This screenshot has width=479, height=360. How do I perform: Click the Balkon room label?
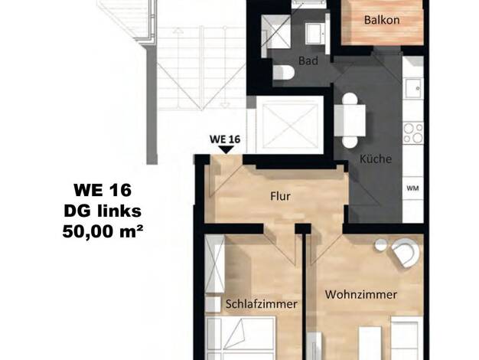click(382, 20)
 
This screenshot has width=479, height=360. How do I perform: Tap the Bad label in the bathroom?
click(308, 61)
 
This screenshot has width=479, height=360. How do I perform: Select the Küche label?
click(376, 159)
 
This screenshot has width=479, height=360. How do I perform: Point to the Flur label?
click(280, 196)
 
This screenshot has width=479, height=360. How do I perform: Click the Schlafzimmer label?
click(261, 304)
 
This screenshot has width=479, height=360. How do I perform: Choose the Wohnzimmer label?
click(360, 295)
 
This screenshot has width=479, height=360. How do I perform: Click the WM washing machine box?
click(412, 188)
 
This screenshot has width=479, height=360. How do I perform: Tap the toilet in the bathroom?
click(283, 73)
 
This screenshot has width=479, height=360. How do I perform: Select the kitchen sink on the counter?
click(413, 88)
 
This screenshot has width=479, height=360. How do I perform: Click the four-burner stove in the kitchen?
click(413, 133)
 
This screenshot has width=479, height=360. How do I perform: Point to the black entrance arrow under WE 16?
click(226, 149)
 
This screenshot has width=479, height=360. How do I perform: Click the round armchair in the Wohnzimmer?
click(406, 252)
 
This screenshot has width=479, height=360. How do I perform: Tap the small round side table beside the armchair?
click(381, 245)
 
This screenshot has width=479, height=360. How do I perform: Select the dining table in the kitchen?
click(350, 120)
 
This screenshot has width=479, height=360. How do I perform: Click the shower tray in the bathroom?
click(276, 31)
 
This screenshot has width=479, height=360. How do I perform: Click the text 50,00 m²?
click(103, 232)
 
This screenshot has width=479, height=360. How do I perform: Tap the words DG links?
click(103, 211)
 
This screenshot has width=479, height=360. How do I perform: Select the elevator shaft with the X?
click(289, 125)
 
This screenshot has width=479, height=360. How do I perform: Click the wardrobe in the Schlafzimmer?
click(214, 264)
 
